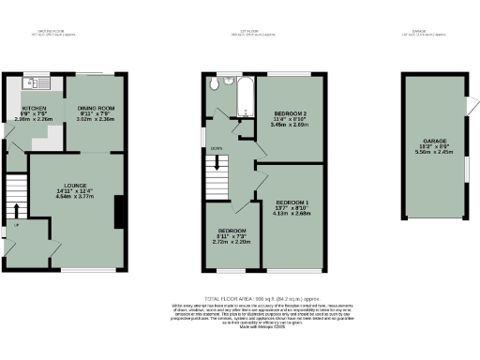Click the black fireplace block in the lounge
[x=119, y=211]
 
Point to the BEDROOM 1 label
[x=292, y=202]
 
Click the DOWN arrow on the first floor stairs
[x=217, y=148]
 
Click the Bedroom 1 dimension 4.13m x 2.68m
[x=292, y=214]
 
